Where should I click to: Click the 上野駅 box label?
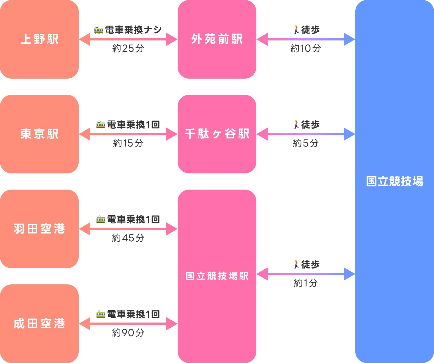coord(39,39)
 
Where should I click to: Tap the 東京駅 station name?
coord(39,134)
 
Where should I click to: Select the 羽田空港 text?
coord(39,229)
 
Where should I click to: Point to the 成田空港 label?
coord(39,324)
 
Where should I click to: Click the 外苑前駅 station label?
coord(217,39)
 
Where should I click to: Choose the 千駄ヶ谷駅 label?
coord(217,134)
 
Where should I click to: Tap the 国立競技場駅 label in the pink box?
coord(217,276)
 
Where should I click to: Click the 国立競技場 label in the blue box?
coord(395,181)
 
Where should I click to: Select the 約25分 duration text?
coord(128,49)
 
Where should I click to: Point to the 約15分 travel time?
coord(128,143)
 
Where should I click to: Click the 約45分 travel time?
coord(128,238)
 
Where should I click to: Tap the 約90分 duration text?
coord(128,333)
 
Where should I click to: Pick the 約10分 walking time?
coord(306,49)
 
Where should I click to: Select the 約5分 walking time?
coord(306,143)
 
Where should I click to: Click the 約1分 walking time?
coord(306,283)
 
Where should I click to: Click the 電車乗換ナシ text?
coord(133,30)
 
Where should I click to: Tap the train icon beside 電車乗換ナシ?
coord(99,30)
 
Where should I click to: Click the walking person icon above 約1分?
coord(296,264)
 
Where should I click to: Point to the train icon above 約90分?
coord(101,314)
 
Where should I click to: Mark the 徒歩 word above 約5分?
coord(310,125)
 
